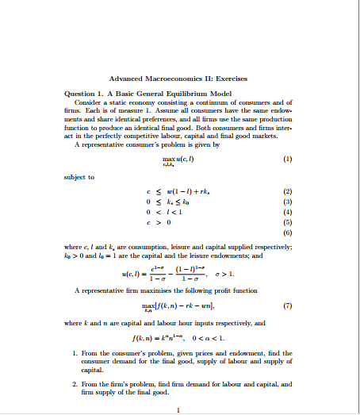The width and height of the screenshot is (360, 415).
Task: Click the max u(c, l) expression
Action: point(178,159)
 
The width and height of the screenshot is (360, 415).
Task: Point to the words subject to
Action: point(79,176)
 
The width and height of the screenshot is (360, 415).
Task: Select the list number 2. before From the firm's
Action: point(74,384)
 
